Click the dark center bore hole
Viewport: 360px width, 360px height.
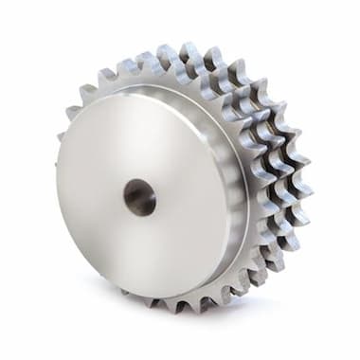(x=139, y=198)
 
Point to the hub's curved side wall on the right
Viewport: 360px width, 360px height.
(x=237, y=189)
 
